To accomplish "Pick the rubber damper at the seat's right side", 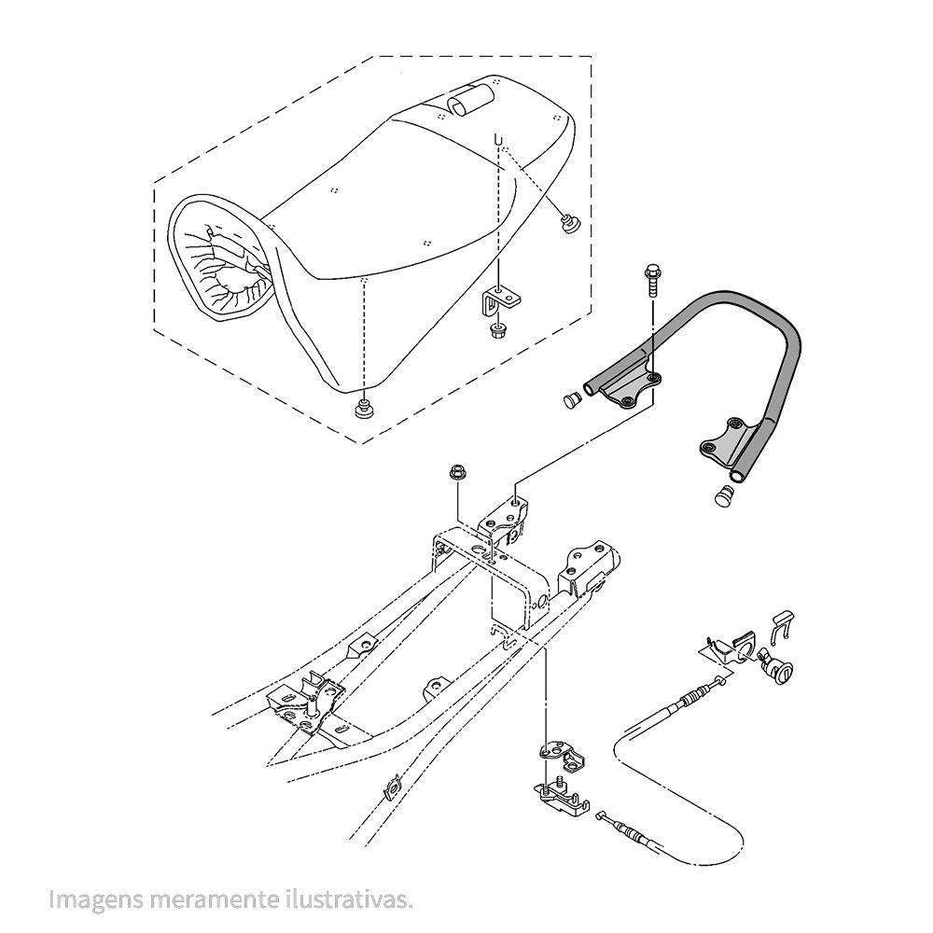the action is click(571, 224).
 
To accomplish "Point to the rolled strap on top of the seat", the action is click(470, 100).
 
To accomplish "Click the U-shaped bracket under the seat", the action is click(500, 300).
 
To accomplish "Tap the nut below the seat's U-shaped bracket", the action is click(495, 330).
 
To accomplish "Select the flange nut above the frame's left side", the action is click(457, 474).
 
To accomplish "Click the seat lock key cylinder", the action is click(778, 673).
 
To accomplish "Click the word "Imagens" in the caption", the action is click(96, 899).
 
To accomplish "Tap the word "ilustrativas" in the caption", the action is click(348, 898).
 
